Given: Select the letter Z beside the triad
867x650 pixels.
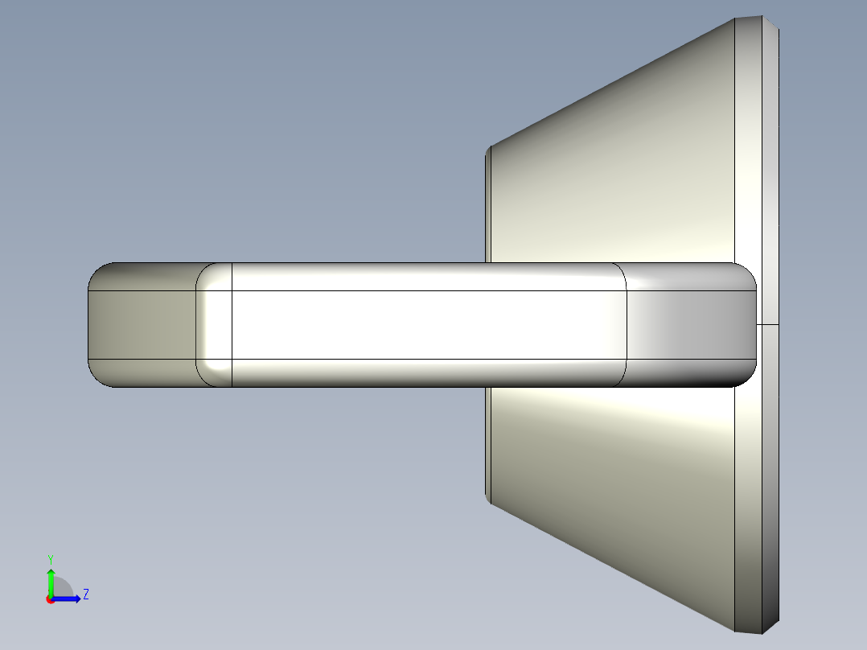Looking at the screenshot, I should coord(85,594).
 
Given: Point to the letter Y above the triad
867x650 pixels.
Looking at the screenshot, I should coord(50,558).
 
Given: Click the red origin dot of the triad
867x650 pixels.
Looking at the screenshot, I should coord(50,599).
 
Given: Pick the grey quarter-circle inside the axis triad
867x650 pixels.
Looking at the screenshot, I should coord(62,589).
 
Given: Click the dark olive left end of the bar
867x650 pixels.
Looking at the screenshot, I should coord(141,325).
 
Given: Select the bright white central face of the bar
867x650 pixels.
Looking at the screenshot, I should coord(426,325).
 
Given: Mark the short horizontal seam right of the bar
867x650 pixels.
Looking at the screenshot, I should coord(768,324).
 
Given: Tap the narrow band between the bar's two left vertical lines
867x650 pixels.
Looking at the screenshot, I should coord(215,325).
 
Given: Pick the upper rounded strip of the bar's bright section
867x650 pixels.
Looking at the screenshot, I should coord(426,277).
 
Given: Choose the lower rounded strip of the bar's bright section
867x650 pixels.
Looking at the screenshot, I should coord(426,372).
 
